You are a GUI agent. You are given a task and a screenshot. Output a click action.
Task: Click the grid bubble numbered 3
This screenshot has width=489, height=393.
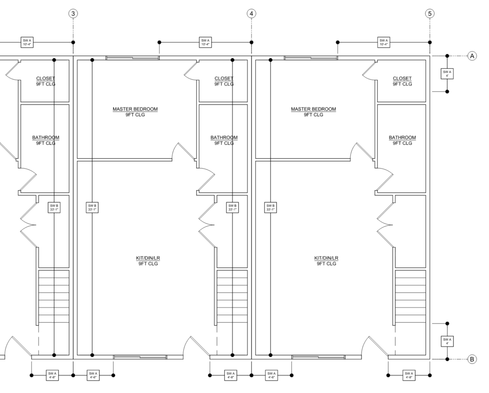(73, 14)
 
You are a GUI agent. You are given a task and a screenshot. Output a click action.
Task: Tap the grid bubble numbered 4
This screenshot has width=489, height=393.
(251, 14)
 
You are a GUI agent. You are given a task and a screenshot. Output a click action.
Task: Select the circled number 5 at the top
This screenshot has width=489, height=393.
(430, 14)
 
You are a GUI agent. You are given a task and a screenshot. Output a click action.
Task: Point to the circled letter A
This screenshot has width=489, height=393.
(472, 56)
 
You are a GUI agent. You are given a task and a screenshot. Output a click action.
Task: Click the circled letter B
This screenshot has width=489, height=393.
(472, 359)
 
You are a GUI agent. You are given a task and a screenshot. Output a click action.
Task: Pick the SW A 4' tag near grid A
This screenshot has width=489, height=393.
(447, 74)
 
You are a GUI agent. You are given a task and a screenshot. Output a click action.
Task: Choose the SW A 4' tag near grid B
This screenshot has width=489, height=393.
(447, 341)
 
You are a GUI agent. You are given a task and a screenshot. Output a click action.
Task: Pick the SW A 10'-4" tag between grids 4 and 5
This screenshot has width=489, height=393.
(383, 42)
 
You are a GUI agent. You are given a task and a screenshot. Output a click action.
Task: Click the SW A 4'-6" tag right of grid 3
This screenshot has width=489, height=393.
(93, 375)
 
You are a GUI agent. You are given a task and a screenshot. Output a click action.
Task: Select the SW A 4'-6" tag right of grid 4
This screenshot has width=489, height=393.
(271, 375)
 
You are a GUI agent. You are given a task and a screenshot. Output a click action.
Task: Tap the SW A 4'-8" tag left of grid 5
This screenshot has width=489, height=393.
(409, 375)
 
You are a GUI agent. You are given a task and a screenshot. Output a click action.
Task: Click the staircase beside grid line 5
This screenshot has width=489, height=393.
(410, 297)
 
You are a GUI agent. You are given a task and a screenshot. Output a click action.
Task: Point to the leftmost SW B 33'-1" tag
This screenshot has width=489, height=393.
(54, 207)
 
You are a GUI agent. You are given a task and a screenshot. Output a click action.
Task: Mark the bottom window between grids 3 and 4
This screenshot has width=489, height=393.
(140, 357)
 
